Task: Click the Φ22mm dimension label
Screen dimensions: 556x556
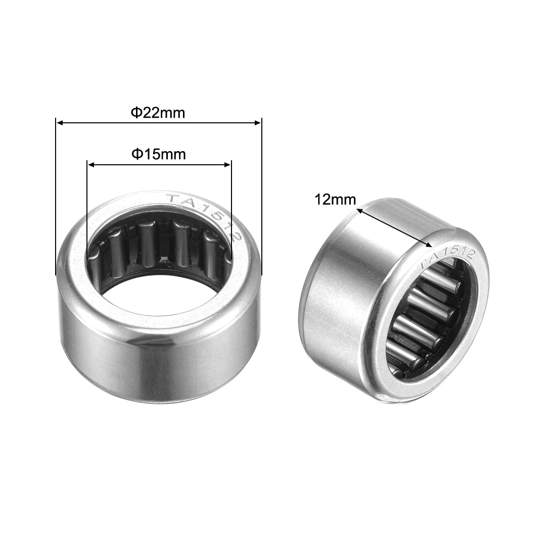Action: click(158, 113)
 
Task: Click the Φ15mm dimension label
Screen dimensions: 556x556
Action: click(158, 154)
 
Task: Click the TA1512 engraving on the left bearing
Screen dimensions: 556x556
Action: click(205, 215)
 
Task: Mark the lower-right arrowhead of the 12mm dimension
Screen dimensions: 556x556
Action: click(430, 246)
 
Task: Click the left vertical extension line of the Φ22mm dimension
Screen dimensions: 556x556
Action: click(55, 202)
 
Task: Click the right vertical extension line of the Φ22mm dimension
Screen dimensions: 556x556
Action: click(262, 202)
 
